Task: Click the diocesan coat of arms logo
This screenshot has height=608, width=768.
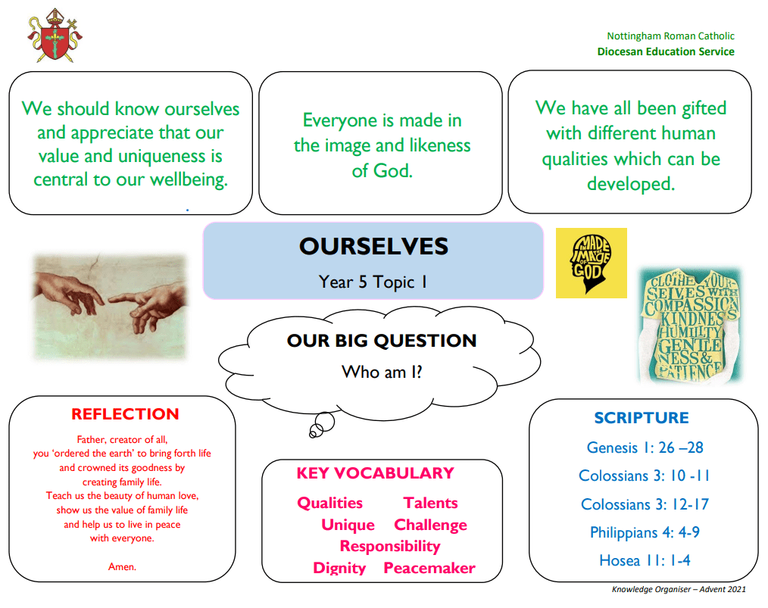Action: (55, 36)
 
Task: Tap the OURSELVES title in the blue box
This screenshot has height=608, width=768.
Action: (373, 246)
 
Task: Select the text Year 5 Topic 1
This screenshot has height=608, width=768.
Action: (373, 282)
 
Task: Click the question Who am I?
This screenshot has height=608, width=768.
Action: (382, 372)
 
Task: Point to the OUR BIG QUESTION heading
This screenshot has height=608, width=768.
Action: (382, 340)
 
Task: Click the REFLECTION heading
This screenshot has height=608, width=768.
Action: (126, 414)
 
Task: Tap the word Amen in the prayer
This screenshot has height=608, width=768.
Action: (122, 566)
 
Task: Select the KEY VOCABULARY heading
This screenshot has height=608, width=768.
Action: (375, 473)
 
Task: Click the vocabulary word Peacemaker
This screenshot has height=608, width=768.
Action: (429, 568)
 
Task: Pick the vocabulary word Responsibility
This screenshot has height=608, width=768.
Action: (390, 547)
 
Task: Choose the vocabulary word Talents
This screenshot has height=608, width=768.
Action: (430, 503)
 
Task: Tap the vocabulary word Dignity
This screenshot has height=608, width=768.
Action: (339, 569)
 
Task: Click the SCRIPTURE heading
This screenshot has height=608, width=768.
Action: (642, 417)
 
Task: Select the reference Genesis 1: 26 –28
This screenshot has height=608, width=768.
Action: (645, 447)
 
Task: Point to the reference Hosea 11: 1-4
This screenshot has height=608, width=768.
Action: (645, 560)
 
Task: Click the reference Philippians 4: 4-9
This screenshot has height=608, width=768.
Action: (645, 532)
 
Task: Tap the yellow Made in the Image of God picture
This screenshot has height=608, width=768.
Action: (592, 263)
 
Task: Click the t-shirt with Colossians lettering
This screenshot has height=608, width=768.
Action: (691, 325)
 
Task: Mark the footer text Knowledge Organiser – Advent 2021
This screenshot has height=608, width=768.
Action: (679, 589)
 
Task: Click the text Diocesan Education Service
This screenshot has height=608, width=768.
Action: (666, 51)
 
